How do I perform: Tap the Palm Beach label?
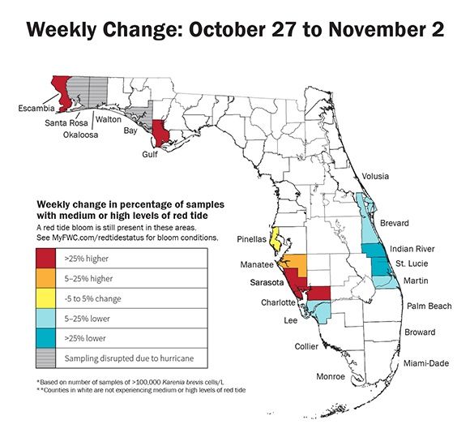coord(428,306)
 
